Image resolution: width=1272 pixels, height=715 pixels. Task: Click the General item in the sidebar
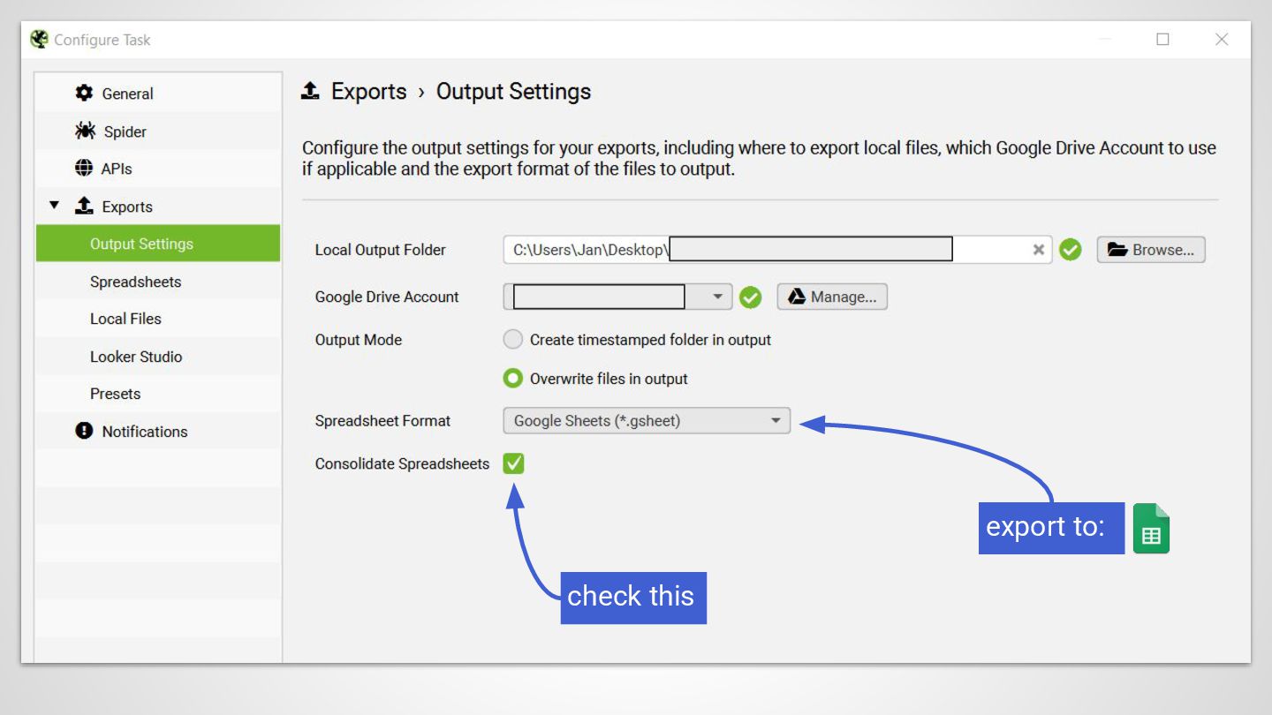[127, 94]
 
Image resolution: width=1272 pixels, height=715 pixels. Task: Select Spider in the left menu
[125, 132]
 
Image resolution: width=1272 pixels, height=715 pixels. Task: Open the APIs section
[116, 169]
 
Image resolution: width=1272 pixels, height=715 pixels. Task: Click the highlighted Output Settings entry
[141, 244]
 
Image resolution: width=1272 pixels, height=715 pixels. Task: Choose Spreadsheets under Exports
[135, 282]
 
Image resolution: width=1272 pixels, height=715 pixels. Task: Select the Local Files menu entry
[125, 319]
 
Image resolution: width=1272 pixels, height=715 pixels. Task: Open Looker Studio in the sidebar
[136, 357]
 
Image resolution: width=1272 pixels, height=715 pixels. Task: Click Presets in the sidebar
[115, 394]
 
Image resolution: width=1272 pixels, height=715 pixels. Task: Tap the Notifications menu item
[144, 432]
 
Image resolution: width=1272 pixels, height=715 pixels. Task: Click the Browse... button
[1151, 250]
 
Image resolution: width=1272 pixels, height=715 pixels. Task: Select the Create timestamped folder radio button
[513, 340]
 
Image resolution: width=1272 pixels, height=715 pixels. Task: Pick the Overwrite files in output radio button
[513, 379]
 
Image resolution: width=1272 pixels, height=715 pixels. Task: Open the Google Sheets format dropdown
[647, 421]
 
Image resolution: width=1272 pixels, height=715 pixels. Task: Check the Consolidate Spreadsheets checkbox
[513, 463]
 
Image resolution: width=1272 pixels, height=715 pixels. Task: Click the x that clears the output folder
[1039, 250]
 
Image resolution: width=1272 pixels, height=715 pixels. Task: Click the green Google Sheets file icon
[1151, 529]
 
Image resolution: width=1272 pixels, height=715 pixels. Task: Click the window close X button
[1222, 40]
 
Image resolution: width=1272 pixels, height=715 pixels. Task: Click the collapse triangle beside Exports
[55, 206]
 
